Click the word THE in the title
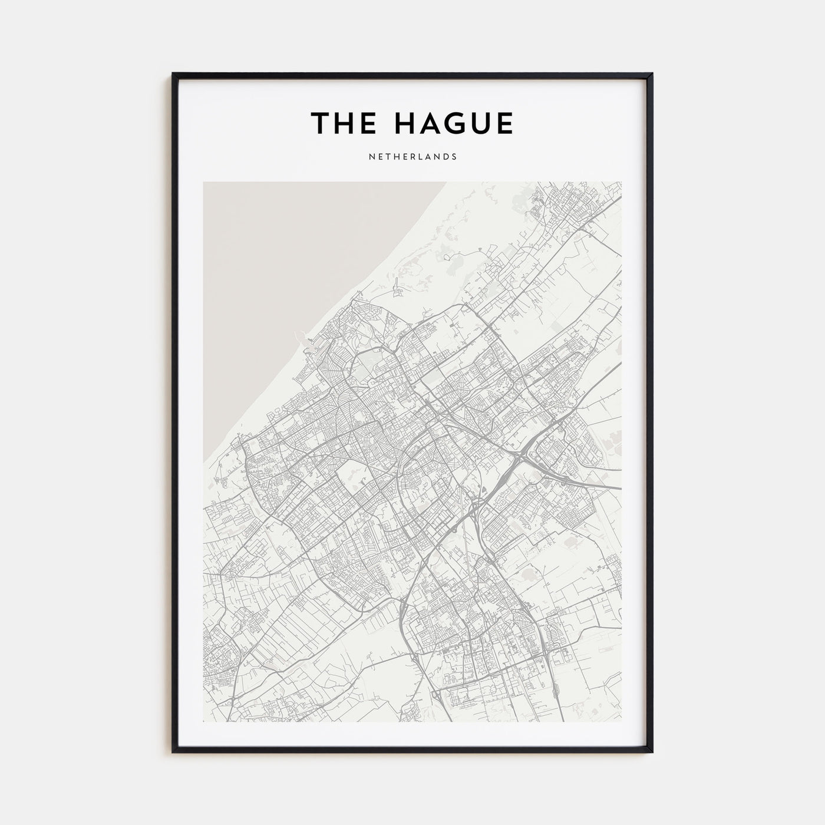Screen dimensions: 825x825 click(x=341, y=123)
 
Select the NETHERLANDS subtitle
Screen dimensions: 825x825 click(x=412, y=157)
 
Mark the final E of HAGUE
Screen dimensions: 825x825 click(x=504, y=123)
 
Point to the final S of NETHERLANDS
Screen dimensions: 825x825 click(x=454, y=157)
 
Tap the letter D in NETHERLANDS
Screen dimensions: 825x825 click(x=446, y=157)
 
